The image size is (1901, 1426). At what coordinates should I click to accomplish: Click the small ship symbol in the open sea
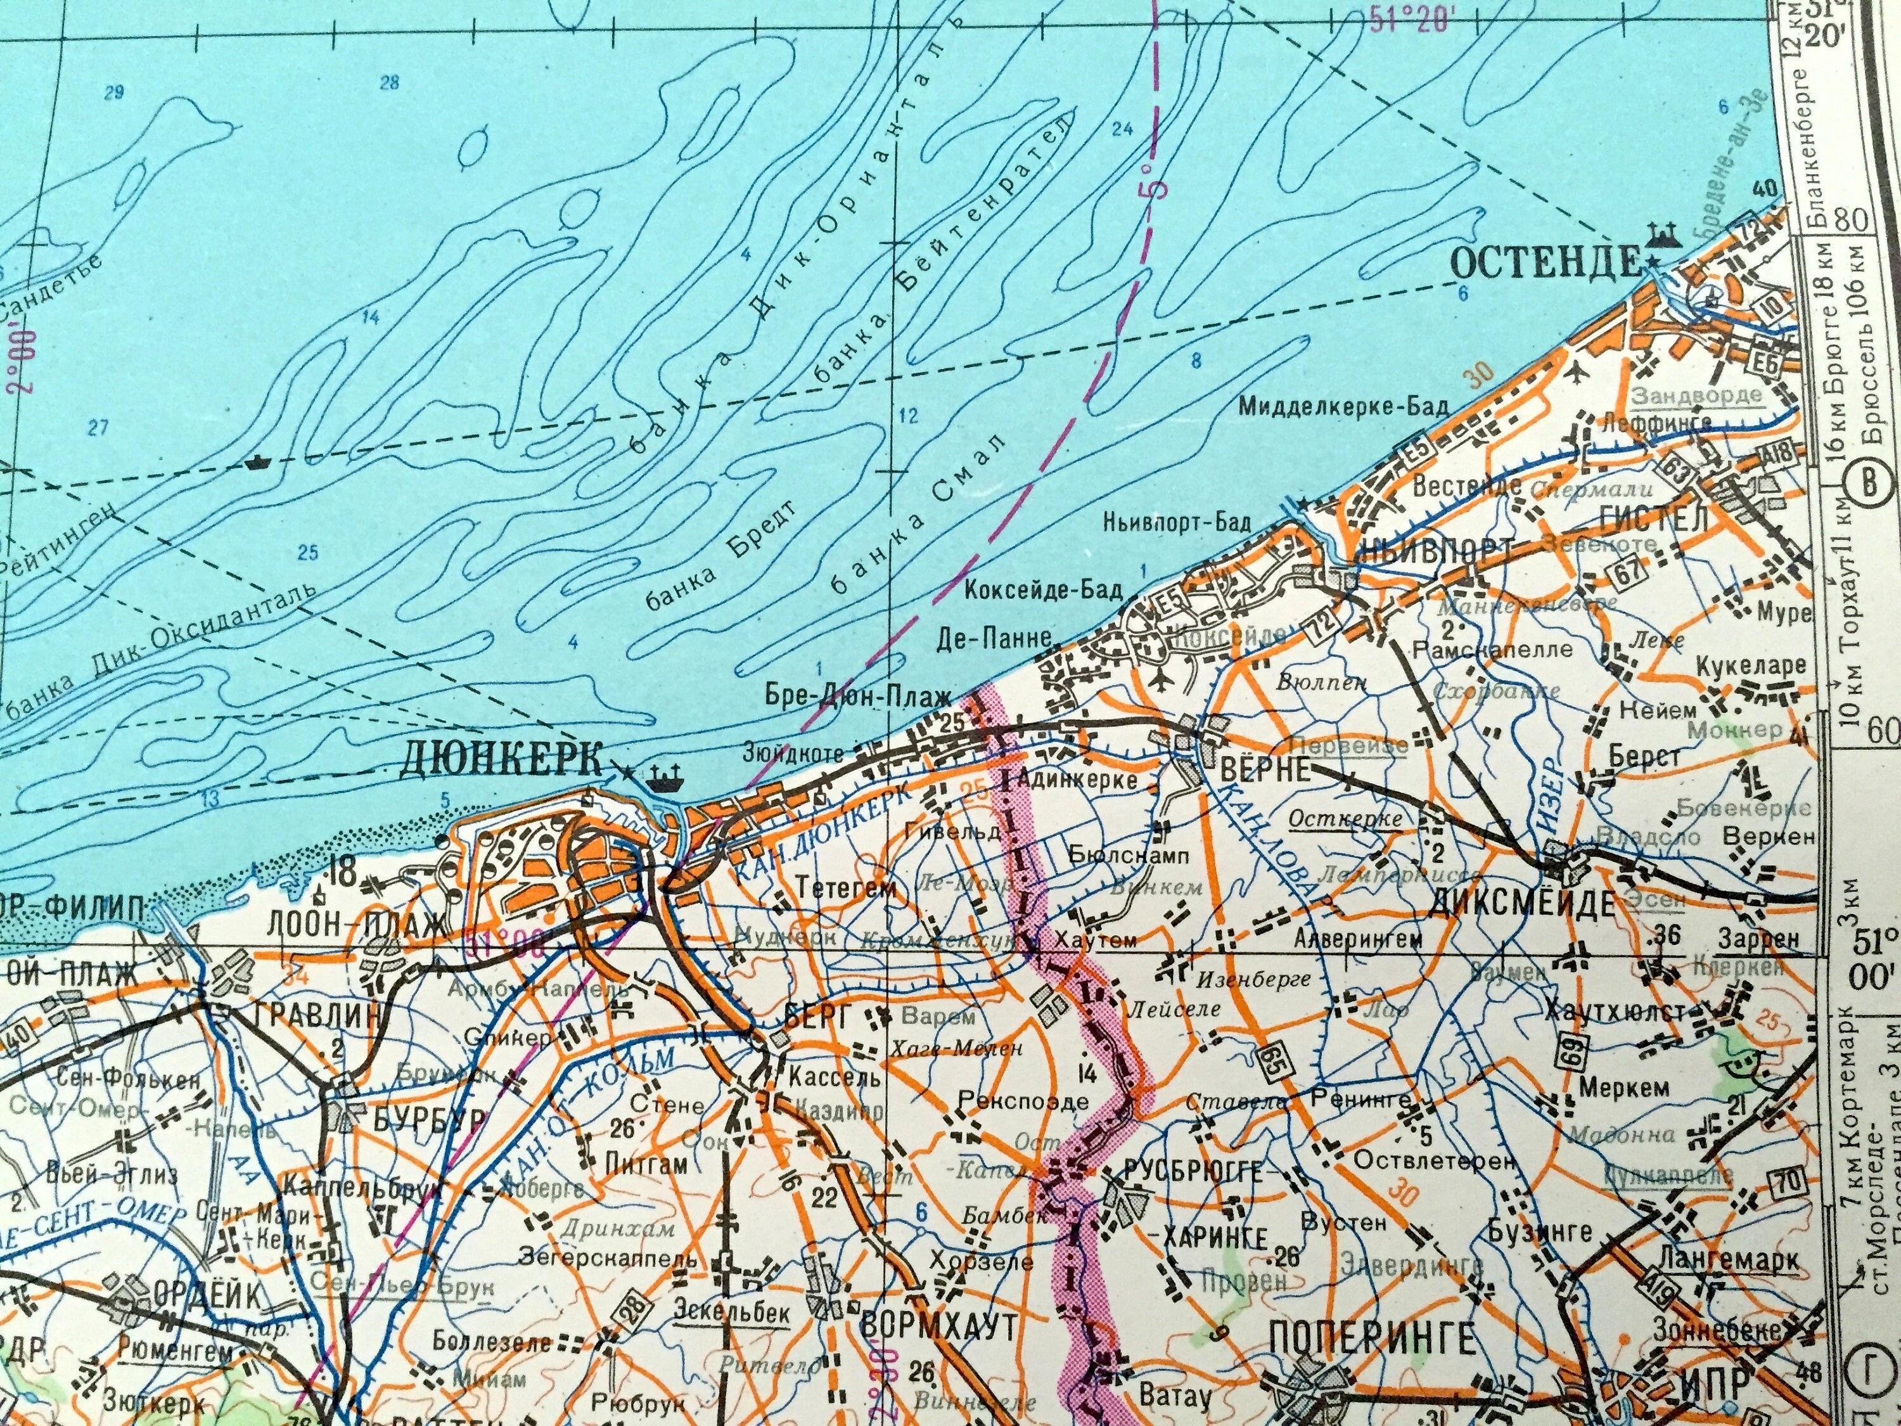[x=257, y=463]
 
